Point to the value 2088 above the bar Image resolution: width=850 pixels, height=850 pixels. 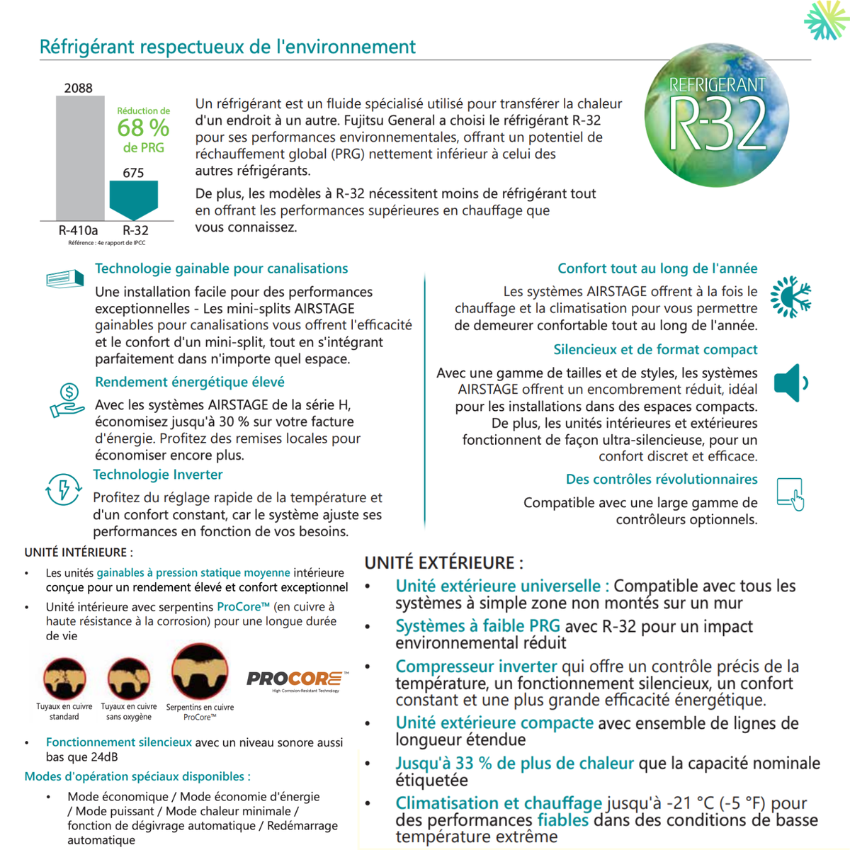coord(78,88)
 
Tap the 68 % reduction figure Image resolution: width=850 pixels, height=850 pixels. coord(143,128)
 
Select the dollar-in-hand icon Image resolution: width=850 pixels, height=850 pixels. coord(67,400)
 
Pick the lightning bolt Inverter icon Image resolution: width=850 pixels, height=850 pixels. coord(63,489)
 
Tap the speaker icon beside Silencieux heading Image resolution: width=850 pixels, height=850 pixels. coord(790,383)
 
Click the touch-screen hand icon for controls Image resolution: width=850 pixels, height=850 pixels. coord(790,494)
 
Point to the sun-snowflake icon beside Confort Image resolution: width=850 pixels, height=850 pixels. coord(790,297)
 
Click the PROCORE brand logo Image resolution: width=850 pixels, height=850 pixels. coord(297,680)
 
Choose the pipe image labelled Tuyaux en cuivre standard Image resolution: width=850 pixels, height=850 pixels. coord(64,678)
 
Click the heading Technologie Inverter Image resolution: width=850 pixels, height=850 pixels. coord(158,475)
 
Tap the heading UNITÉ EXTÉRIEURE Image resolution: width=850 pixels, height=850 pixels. coord(443,563)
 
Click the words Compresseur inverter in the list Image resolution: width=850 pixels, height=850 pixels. coord(476,667)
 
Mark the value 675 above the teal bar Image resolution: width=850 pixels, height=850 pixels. coord(133,173)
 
